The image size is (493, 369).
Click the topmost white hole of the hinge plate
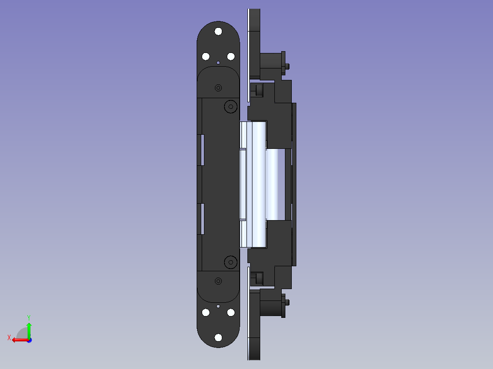tap(218, 32)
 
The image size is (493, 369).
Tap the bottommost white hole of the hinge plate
tap(218, 337)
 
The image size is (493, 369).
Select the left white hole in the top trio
tap(206, 57)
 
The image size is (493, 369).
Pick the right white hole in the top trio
tap(231, 57)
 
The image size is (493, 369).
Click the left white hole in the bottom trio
tap(206, 312)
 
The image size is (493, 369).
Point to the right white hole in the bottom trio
tap(231, 312)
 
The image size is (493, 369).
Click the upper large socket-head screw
tap(231, 107)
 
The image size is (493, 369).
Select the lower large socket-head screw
tap(231, 262)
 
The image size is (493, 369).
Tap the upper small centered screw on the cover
tap(218, 88)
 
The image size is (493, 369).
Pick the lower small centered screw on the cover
tap(218, 281)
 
